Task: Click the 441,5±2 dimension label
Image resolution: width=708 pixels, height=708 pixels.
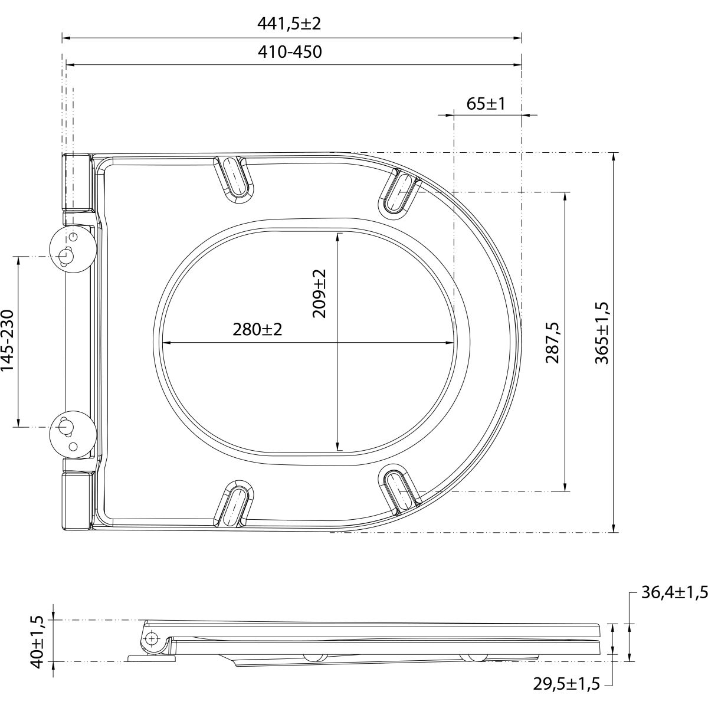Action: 289,24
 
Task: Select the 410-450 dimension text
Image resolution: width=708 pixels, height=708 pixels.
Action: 290,52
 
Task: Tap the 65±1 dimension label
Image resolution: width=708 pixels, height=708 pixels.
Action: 486,104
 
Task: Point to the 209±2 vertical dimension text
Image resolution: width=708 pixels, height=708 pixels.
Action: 319,294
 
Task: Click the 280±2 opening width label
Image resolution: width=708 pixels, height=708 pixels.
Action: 257,330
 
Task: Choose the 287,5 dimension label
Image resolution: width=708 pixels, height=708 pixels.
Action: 552,342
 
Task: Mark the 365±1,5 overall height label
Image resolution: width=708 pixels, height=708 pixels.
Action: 602,333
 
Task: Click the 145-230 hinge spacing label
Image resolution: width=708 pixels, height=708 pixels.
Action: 8,340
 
